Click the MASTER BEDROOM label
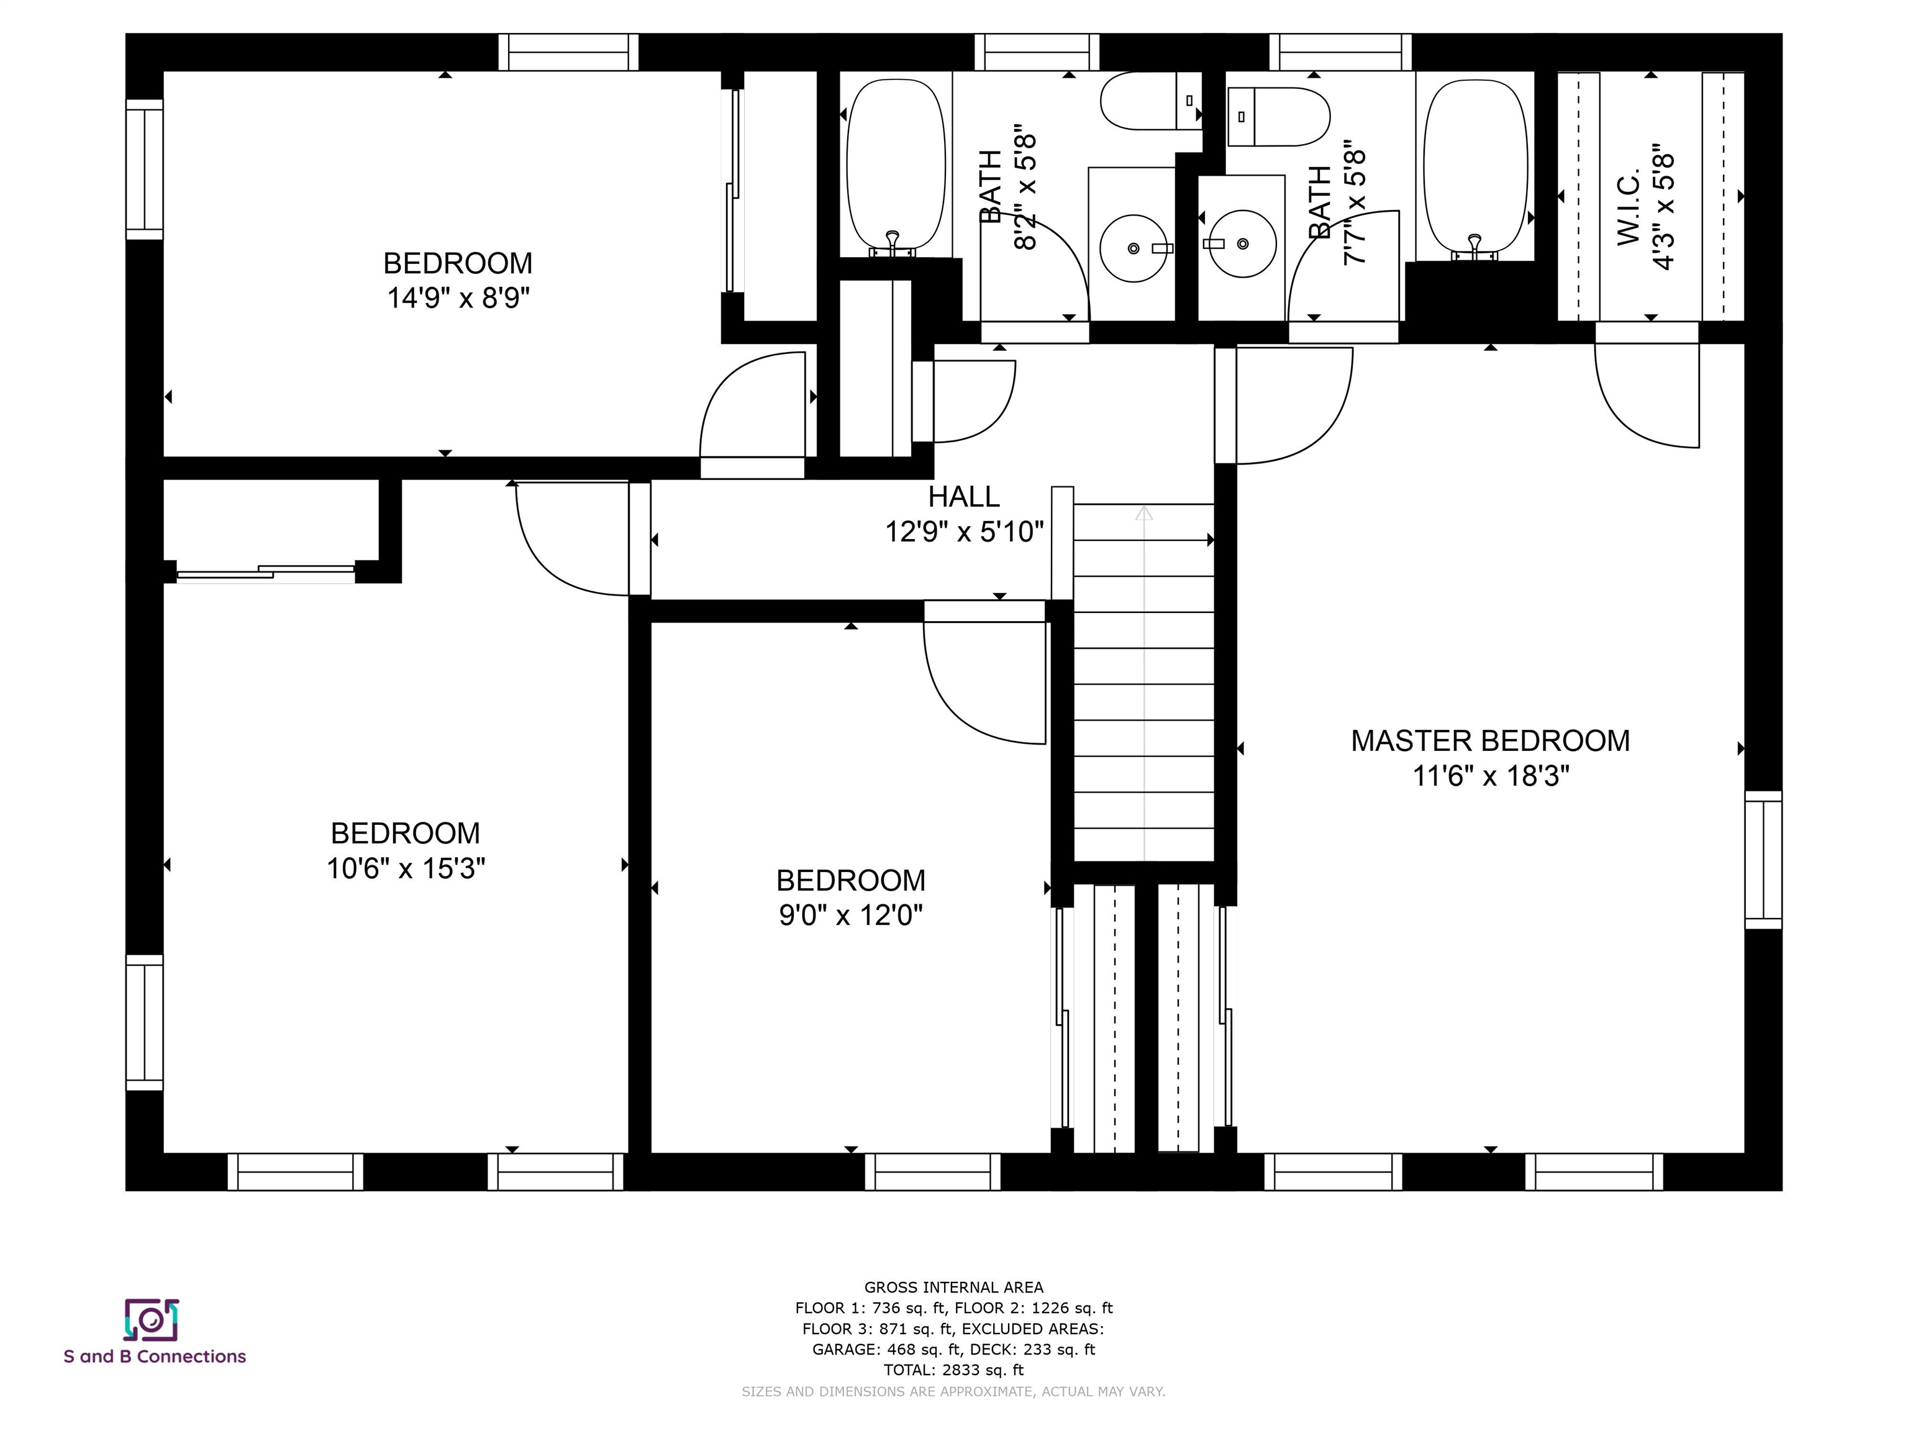(x=1489, y=741)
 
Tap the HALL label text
(x=963, y=497)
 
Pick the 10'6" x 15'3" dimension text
(x=406, y=868)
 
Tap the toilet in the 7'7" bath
(x=1278, y=116)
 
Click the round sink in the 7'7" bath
(x=1243, y=244)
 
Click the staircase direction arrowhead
(x=1144, y=513)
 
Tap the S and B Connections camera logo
(x=152, y=1320)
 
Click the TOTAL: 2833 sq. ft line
(x=953, y=1370)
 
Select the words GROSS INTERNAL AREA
(x=953, y=1288)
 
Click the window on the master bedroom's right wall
(x=1763, y=860)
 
